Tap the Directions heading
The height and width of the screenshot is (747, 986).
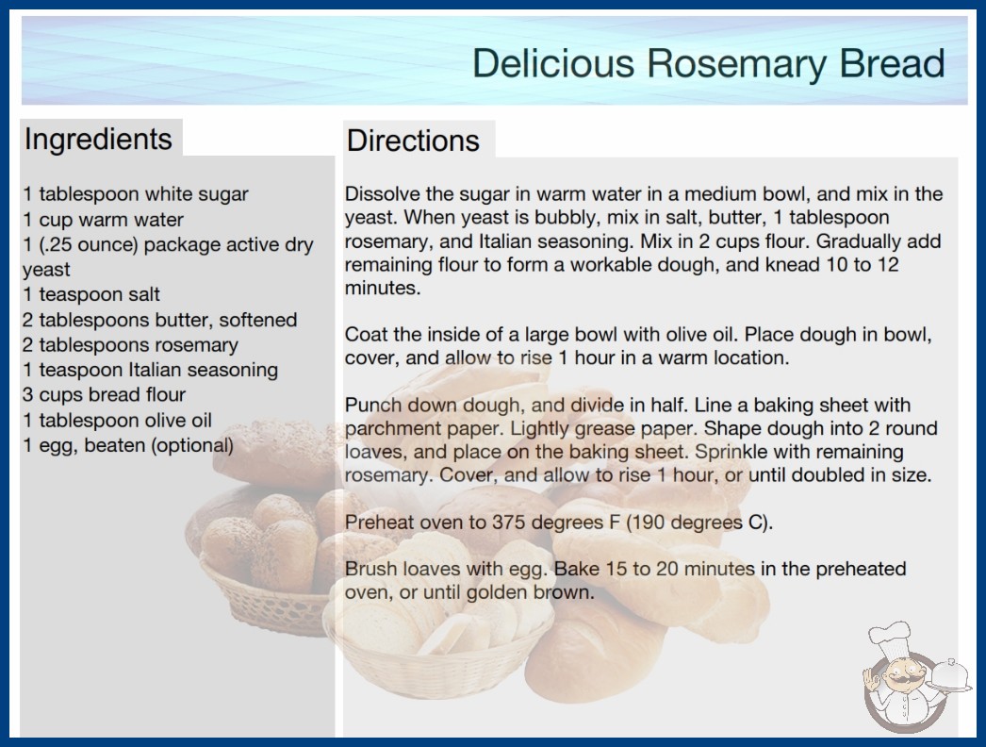pyautogui.click(x=413, y=141)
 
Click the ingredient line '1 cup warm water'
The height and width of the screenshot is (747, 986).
pyautogui.click(x=103, y=220)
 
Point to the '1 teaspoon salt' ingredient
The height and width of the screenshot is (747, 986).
pyautogui.click(x=91, y=294)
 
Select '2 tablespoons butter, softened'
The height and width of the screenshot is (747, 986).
pyautogui.click(x=159, y=320)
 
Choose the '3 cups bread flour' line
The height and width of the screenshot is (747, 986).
pyautogui.click(x=105, y=394)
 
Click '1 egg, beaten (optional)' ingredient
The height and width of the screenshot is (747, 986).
pyautogui.click(x=128, y=445)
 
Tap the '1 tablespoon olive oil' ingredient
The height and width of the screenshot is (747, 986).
pyautogui.click(x=118, y=421)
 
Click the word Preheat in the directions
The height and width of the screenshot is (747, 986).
pyautogui.click(x=379, y=523)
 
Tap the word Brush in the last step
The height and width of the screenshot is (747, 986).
pyautogui.click(x=370, y=569)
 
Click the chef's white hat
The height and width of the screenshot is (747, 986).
pyautogui.click(x=890, y=636)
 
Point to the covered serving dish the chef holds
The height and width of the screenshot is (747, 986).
pyautogui.click(x=950, y=675)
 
